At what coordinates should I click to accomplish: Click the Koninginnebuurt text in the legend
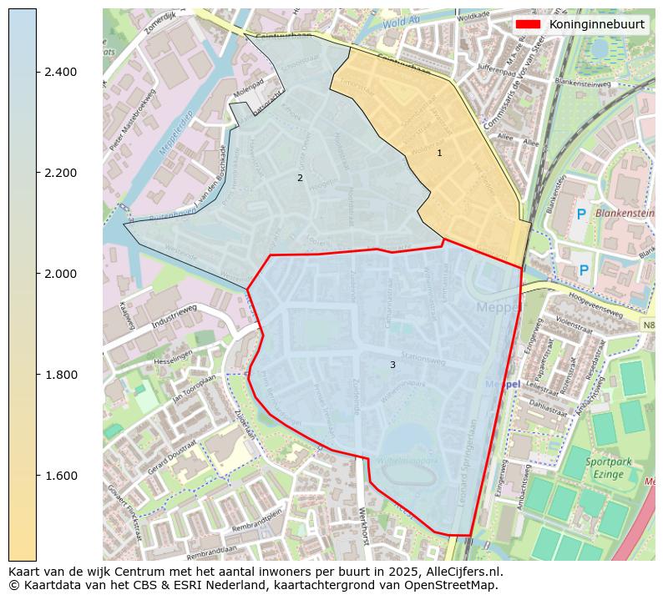coord(596,24)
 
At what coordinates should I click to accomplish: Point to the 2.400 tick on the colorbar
coord(61,72)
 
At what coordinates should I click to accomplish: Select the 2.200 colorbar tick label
coord(61,173)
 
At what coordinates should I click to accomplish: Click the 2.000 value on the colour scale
coord(61,274)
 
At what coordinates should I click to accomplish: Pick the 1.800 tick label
coord(61,375)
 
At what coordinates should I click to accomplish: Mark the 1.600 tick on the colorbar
coord(61,476)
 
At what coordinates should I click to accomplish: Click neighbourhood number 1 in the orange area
coord(439,153)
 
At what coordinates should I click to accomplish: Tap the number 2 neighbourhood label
coord(300,178)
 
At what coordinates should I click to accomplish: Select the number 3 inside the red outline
coord(392,365)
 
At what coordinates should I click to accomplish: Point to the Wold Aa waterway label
coord(401,23)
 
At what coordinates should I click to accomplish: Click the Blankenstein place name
coord(624,213)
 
